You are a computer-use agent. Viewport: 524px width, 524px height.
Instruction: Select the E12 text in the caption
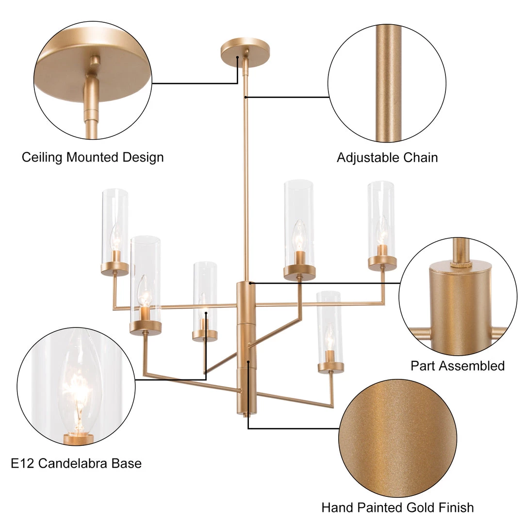pos(22,463)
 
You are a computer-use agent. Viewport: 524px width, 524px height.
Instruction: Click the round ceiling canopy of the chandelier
pos(245,52)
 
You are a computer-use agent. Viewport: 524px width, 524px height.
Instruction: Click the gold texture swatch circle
pos(398,438)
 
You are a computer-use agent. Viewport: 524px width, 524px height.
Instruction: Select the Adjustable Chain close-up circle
pos(387,83)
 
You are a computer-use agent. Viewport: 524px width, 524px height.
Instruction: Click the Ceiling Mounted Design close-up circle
pos(93,81)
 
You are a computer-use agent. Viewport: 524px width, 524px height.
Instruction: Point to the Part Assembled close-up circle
pos(458,297)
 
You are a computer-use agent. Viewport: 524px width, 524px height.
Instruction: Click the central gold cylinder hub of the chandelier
pos(246,348)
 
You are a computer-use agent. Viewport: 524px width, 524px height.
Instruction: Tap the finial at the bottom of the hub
pos(246,415)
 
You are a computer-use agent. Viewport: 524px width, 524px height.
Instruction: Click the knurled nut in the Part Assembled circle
pos(460,264)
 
